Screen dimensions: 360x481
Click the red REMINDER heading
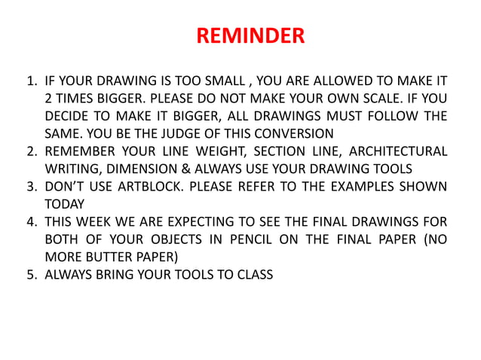(250, 36)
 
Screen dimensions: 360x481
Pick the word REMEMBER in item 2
(78, 150)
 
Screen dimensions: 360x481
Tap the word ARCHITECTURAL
(399, 150)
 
